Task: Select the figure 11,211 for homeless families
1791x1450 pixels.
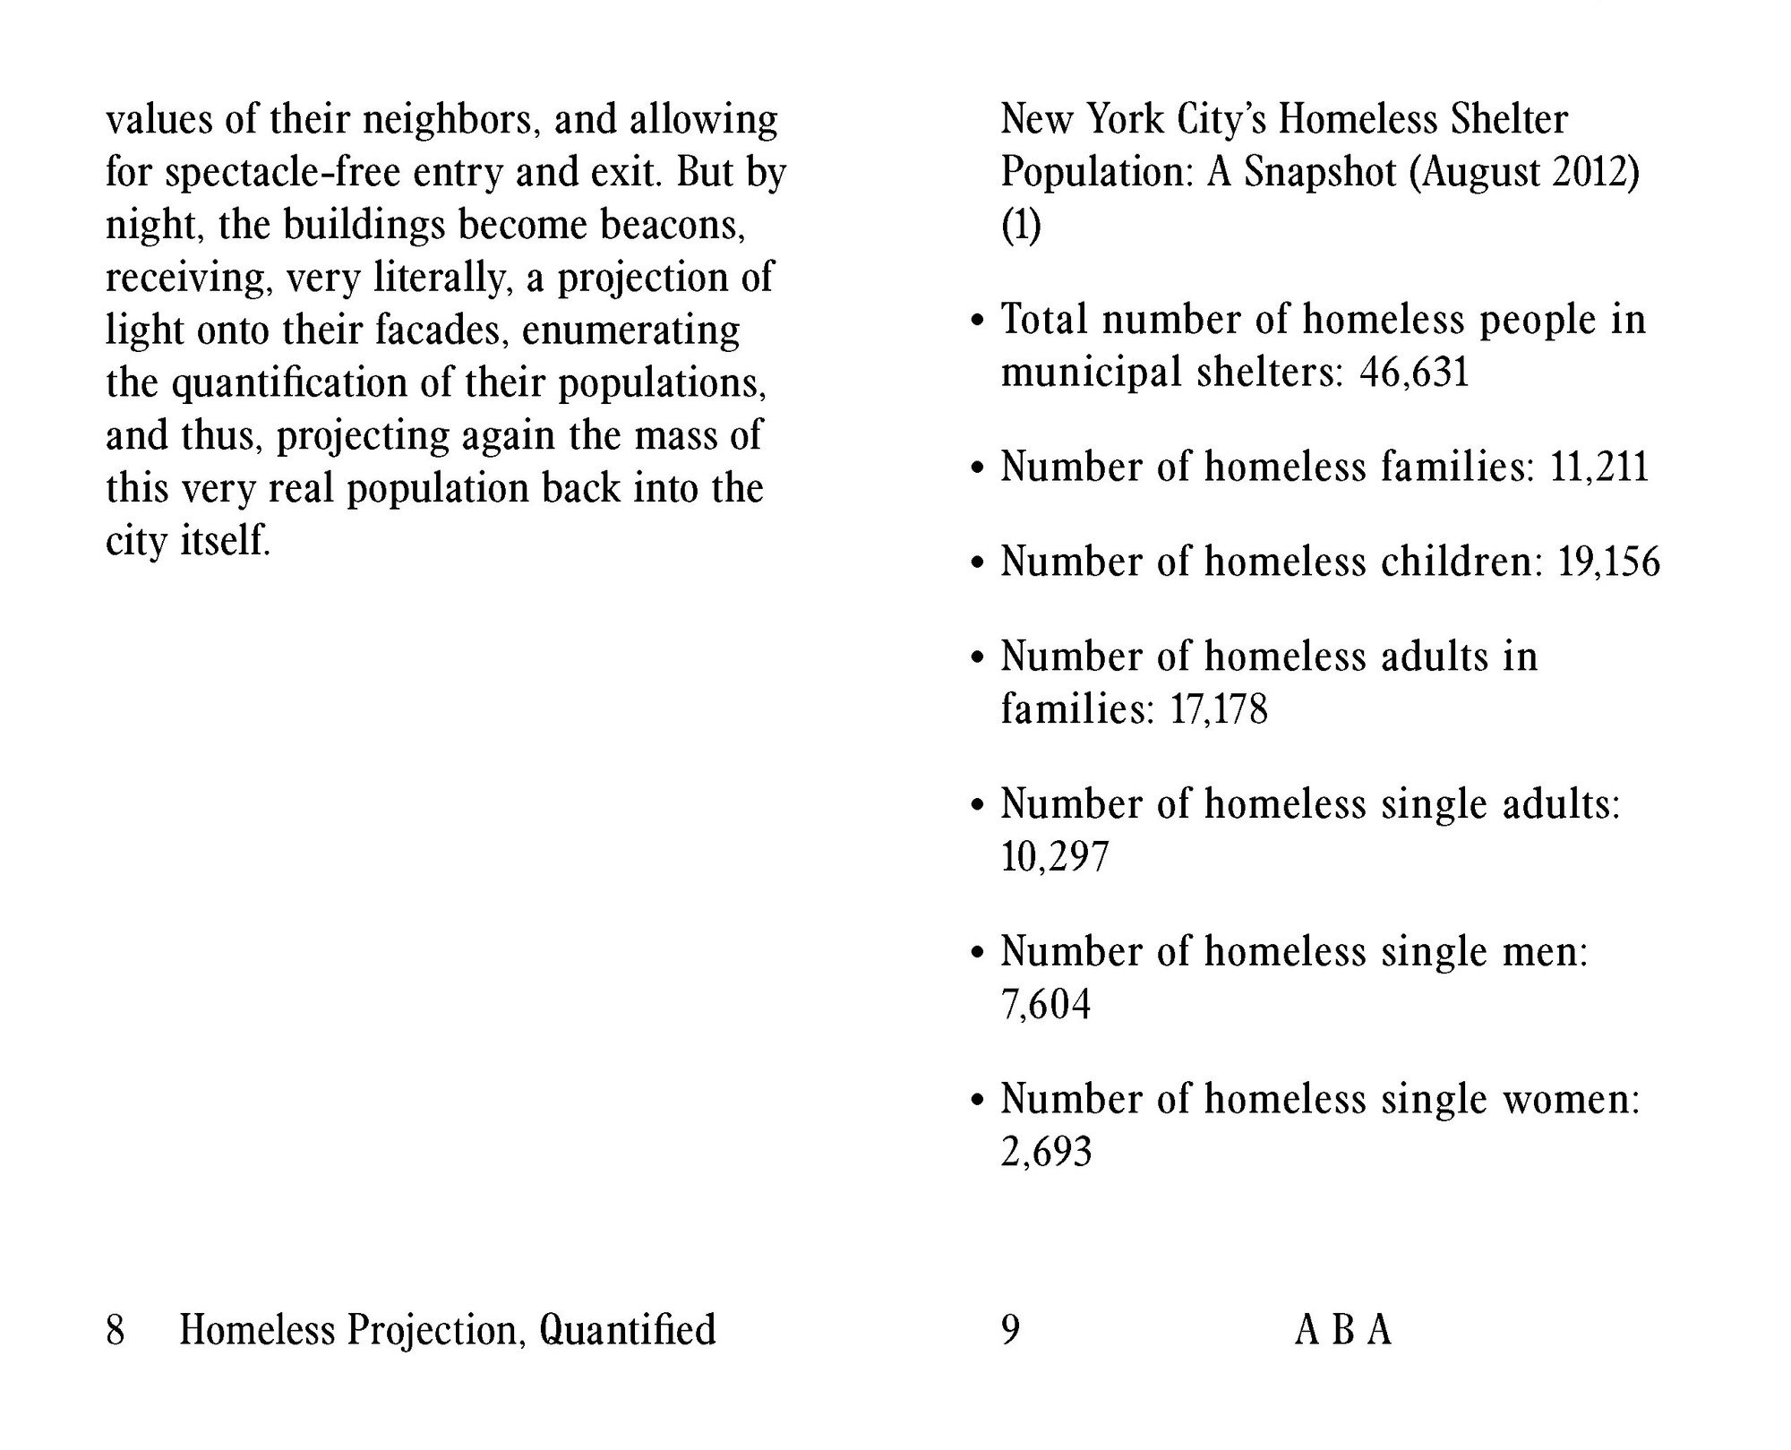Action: [1598, 468]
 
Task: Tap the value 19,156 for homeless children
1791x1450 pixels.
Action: [1608, 562]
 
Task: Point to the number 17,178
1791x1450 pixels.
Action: [1219, 710]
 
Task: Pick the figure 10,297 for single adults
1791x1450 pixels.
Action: [1054, 857]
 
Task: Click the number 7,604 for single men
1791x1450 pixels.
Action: [1045, 1005]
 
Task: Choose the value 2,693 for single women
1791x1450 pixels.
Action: [1046, 1153]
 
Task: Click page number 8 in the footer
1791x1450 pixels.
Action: [115, 1330]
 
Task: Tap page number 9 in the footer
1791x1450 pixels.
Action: [1010, 1330]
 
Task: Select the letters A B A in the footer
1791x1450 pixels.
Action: [1342, 1330]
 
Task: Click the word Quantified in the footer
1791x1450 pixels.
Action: [627, 1330]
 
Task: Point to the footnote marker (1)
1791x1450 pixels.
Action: [1021, 225]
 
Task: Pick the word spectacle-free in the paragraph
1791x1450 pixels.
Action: [283, 172]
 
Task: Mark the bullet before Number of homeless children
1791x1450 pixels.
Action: [978, 564]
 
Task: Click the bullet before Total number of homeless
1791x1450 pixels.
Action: [978, 322]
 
